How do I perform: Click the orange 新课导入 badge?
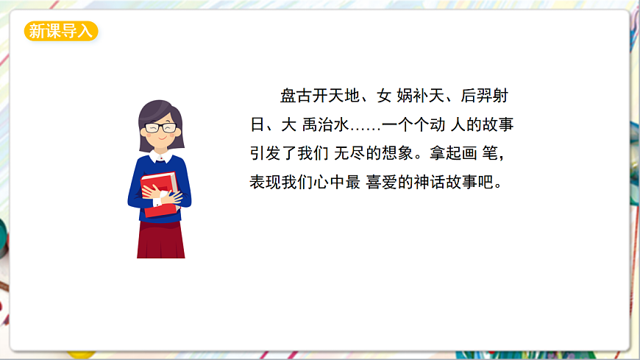[61, 31]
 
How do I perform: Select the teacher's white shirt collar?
[161, 156]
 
